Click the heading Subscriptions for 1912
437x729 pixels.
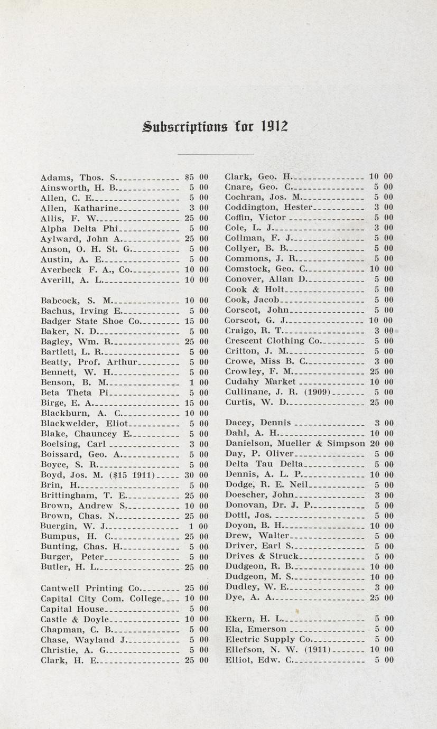tap(216, 127)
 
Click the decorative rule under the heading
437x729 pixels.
tap(216, 154)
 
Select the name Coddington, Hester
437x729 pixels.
tap(268, 207)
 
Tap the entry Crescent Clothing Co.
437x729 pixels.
tap(272, 341)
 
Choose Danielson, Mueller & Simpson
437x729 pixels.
tap(295, 444)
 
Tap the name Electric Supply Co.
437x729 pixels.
tap(268, 639)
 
